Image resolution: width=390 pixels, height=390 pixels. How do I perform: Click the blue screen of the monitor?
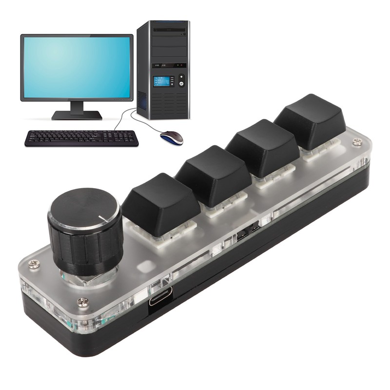tap(77, 67)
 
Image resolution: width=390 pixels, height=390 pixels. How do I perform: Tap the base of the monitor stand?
tap(77, 116)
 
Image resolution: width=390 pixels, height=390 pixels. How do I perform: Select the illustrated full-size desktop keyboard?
tap(82, 137)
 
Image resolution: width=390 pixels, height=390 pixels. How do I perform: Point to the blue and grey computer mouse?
tap(172, 137)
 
